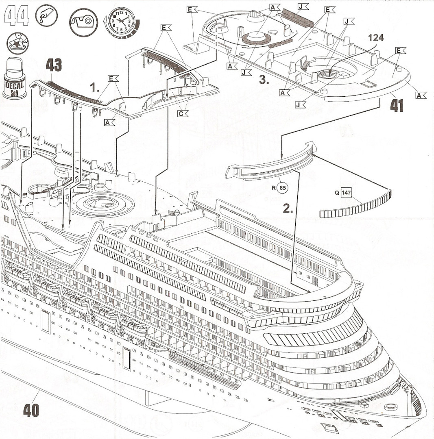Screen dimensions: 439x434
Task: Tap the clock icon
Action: coord(121,21)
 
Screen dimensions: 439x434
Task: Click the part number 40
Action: coord(31,410)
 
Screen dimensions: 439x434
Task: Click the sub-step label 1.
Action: coord(95,87)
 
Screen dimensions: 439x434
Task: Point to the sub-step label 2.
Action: coord(288,209)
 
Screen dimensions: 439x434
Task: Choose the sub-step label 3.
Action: coord(264,80)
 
